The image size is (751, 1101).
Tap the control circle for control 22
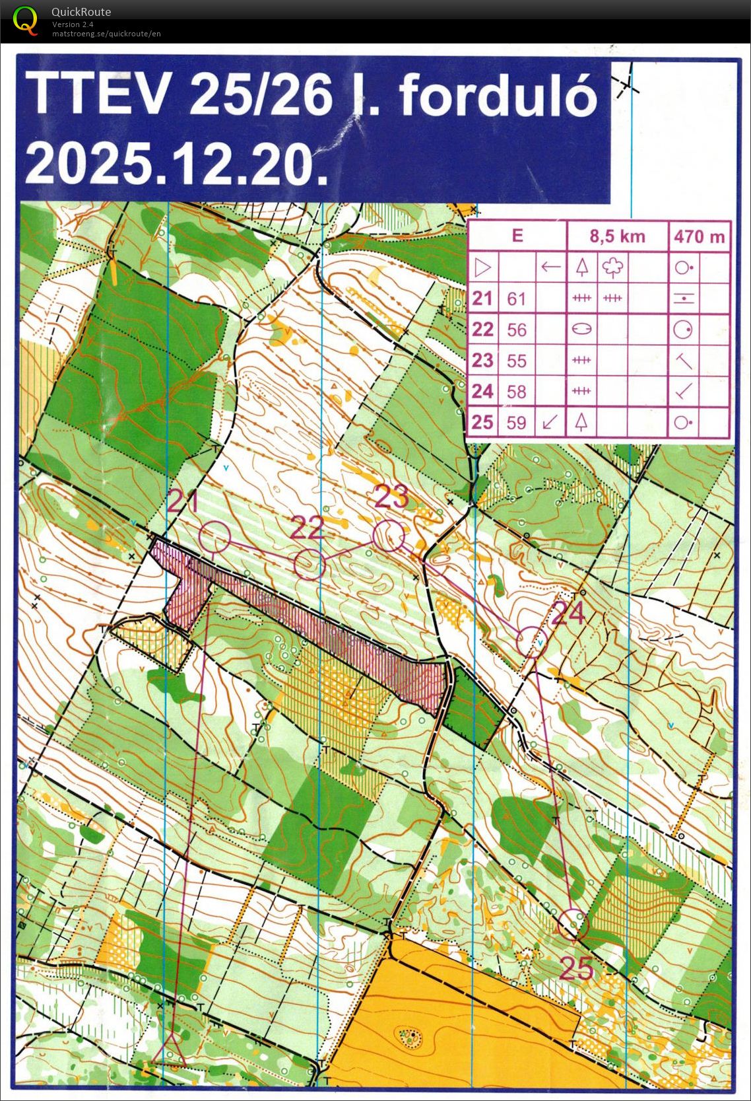point(309,564)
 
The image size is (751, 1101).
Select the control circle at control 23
point(388,536)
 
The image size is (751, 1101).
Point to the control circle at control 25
point(573,924)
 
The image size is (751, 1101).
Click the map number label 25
point(577,968)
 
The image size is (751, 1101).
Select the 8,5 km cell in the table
point(617,236)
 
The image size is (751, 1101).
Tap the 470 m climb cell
point(700,236)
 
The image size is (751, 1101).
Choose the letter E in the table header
point(517,236)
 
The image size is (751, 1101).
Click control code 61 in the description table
point(516,299)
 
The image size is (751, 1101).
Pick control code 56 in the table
point(516,330)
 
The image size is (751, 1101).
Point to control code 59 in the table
point(516,422)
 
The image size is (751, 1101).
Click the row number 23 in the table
point(482,360)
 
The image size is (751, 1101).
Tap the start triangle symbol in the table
point(483,267)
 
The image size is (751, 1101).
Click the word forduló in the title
point(498,96)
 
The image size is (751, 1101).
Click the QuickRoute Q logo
point(25,20)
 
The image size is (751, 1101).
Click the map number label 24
point(568,613)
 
